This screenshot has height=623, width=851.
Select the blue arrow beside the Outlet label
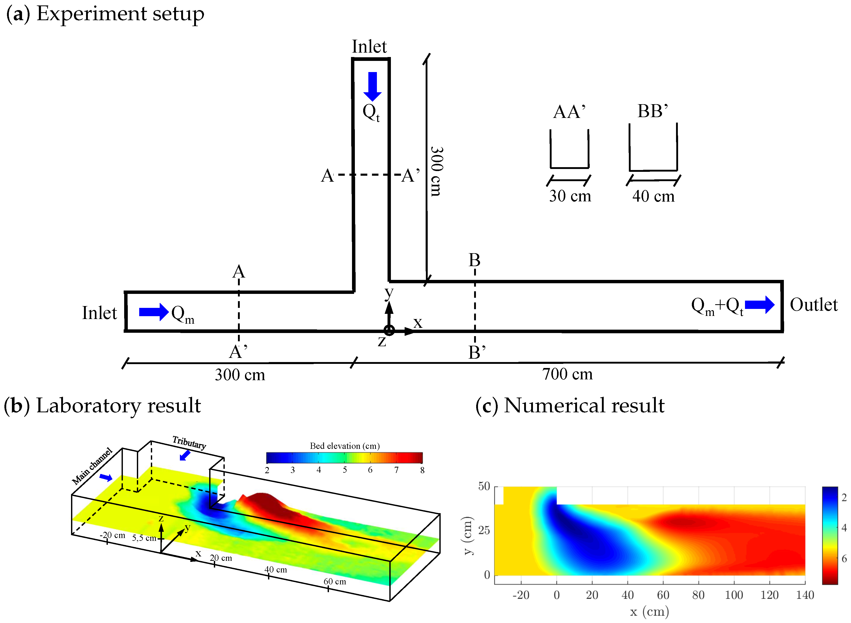tap(759, 305)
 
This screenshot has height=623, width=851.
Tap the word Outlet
tap(814, 305)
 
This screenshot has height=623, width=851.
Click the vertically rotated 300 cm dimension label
tap(437, 171)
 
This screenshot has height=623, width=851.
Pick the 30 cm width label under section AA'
tap(569, 196)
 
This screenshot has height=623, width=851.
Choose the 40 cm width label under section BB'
tap(653, 196)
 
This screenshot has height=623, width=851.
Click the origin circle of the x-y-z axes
tap(389, 330)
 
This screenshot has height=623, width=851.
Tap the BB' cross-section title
tap(653, 111)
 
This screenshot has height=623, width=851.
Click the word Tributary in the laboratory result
tap(189, 442)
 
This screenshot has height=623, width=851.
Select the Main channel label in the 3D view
tap(92, 466)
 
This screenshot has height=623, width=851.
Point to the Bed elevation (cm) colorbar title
tap(344, 446)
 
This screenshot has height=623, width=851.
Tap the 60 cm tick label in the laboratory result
tap(335, 581)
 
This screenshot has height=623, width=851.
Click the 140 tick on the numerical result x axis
tap(805, 595)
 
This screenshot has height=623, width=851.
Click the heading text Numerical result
tap(584, 405)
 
